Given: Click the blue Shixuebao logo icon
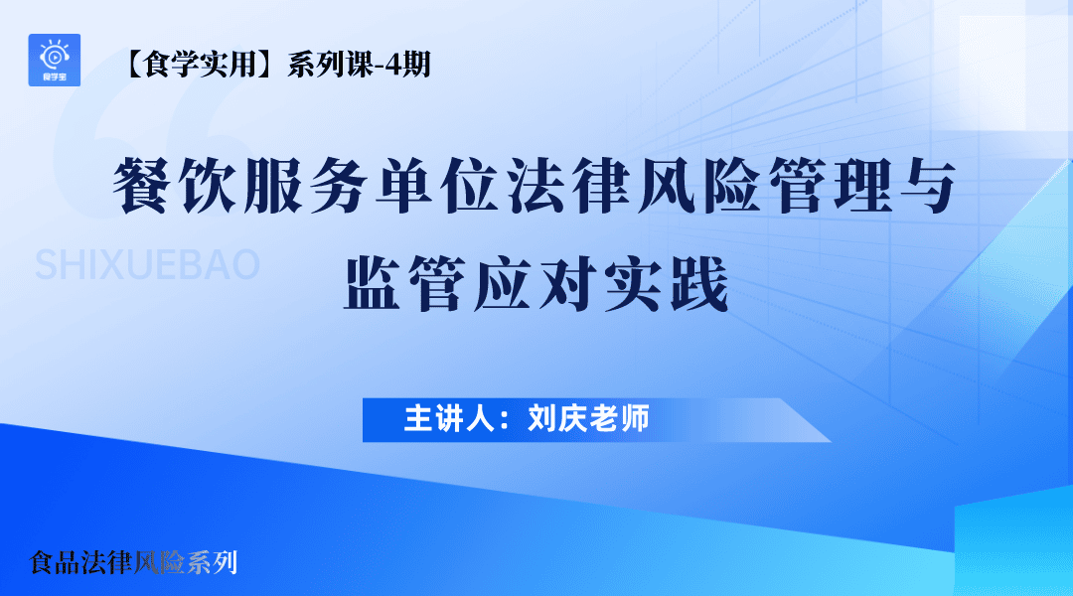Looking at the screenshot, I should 55,60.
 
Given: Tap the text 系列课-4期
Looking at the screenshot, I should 359,67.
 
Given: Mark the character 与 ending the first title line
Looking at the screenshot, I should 928,189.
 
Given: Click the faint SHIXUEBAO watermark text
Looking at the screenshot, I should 147,265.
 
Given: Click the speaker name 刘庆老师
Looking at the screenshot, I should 589,419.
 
